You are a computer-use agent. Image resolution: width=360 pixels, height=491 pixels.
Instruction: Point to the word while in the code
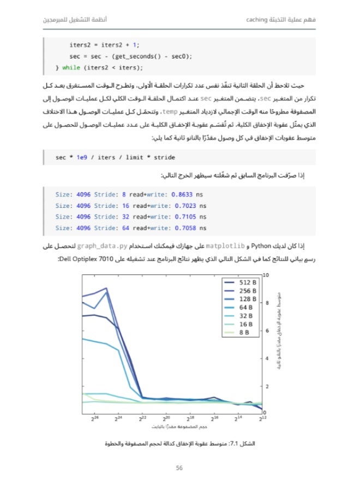[x=71, y=68]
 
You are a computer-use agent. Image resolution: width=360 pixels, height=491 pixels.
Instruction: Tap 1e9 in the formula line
[x=82, y=157]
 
